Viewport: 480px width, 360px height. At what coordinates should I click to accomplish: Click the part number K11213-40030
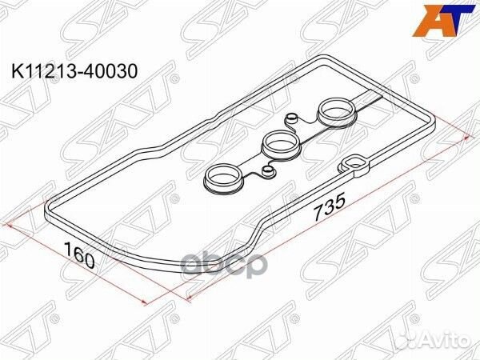click(74, 71)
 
